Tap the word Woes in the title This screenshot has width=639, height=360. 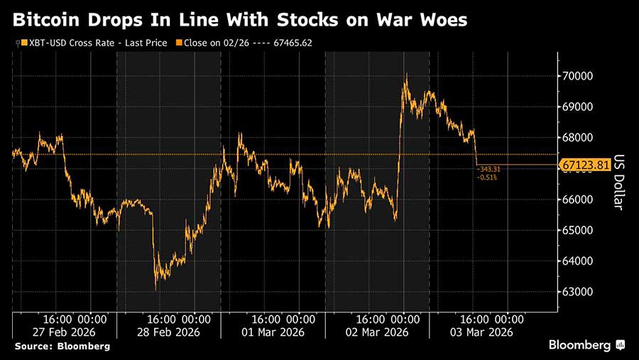444,19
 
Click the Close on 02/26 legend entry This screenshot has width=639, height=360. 248,43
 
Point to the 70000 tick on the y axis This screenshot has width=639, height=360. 579,76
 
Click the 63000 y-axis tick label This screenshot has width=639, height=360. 579,292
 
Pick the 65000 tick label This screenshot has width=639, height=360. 579,230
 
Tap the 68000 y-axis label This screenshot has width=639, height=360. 579,138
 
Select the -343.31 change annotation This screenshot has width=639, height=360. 490,169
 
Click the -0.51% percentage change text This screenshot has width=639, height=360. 488,177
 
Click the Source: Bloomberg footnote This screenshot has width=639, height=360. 61,346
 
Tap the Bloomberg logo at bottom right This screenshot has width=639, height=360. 586,345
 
